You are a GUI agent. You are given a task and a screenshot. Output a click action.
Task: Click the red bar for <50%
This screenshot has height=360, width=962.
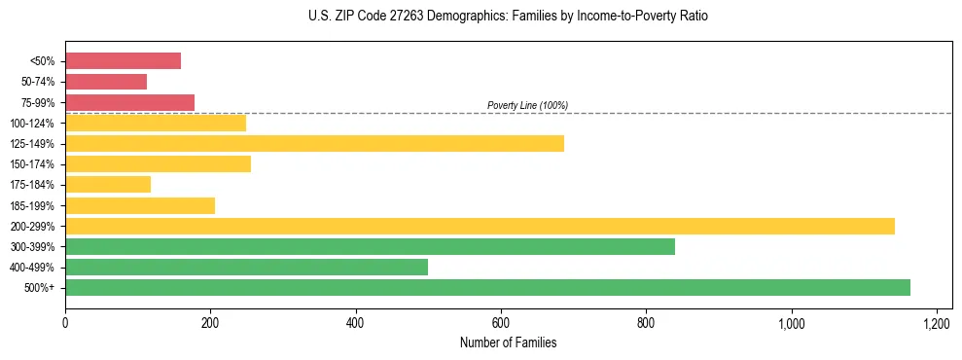coord(123,61)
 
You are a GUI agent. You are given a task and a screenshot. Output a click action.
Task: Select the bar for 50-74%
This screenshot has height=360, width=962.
coord(106,82)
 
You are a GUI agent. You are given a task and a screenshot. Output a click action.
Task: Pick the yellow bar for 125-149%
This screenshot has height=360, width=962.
coord(314,144)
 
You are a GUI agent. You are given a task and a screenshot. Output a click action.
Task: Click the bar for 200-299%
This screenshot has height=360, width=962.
coord(480,227)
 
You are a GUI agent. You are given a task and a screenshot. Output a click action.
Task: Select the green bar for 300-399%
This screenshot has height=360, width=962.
coord(370,247)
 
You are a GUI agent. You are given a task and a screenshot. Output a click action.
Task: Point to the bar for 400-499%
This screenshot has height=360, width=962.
coord(246,268)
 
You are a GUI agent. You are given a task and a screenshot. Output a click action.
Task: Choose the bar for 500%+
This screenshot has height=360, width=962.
coord(487,288)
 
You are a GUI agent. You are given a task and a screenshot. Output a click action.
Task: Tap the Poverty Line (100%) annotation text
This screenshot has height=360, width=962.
coord(527,105)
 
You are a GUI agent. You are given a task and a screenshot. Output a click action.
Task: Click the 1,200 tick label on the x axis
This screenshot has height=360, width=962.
coord(937,322)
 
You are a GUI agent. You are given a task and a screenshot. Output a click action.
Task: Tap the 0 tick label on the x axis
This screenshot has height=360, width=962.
coord(65,322)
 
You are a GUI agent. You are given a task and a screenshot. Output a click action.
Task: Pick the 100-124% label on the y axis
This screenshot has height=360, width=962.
coord(32,124)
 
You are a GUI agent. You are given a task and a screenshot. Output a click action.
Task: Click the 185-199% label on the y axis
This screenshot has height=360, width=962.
coord(32,206)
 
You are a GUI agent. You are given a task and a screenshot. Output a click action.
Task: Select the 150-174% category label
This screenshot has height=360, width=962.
coord(32,164)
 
